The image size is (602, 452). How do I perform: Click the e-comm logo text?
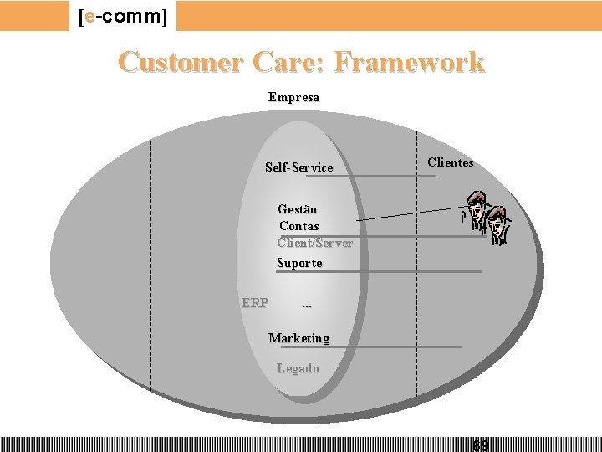tap(123, 16)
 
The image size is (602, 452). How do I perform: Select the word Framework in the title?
tap(415, 62)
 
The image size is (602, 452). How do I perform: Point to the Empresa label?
tap(293, 97)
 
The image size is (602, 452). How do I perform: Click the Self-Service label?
tap(298, 167)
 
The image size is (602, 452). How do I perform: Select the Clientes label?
tap(450, 162)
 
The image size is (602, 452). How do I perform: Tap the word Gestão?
tap(297, 209)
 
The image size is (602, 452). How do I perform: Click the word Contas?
tap(298, 226)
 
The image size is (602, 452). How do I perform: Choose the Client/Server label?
tap(314, 243)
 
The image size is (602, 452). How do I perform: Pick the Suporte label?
tap(298, 263)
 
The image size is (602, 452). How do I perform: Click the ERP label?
tap(254, 302)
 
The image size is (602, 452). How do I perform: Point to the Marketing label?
tap(298, 338)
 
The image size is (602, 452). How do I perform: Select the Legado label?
tap(298, 368)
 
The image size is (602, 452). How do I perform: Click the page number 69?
tap(481, 445)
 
